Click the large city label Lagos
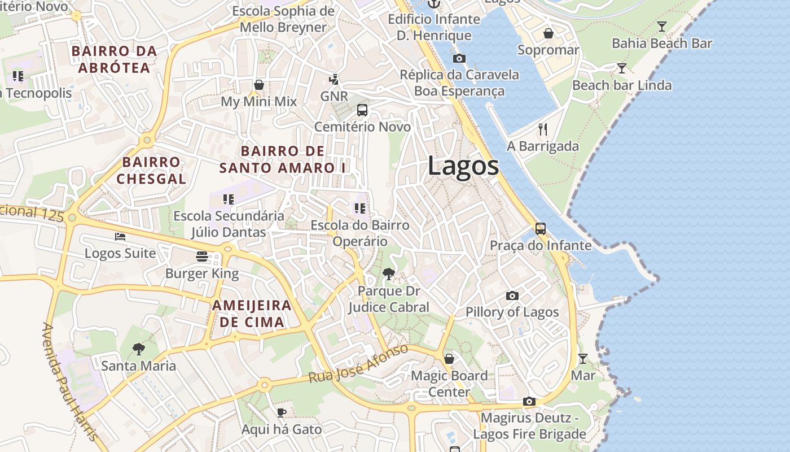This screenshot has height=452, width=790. pyautogui.click(x=463, y=166)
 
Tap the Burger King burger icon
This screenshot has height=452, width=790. pyautogui.click(x=202, y=257)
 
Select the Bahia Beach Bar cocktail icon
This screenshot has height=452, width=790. pyautogui.click(x=661, y=26)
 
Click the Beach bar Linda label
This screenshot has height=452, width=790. pyautogui.click(x=622, y=85)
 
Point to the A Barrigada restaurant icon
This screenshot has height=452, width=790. pyautogui.click(x=543, y=129)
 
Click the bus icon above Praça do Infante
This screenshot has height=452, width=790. pyautogui.click(x=540, y=229)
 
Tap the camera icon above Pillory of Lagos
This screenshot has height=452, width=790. pyautogui.click(x=512, y=295)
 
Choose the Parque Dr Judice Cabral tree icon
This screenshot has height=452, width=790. pyautogui.click(x=388, y=275)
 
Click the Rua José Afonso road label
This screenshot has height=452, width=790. pyautogui.click(x=358, y=364)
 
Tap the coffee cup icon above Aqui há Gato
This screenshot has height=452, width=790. pyautogui.click(x=281, y=412)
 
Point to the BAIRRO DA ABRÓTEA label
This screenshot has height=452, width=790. pyautogui.click(x=114, y=59)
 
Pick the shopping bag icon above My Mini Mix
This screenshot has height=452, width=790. pyautogui.click(x=258, y=85)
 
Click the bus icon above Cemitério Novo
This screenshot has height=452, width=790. pyautogui.click(x=362, y=110)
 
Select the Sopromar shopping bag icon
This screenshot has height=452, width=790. pyautogui.click(x=548, y=33)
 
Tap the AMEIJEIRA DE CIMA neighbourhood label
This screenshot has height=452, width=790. pyautogui.click(x=252, y=314)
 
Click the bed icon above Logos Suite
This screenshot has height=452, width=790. pyautogui.click(x=120, y=236)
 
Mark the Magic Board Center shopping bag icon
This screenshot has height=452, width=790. pyautogui.click(x=449, y=359)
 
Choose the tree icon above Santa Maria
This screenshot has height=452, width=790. pyautogui.click(x=138, y=349)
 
